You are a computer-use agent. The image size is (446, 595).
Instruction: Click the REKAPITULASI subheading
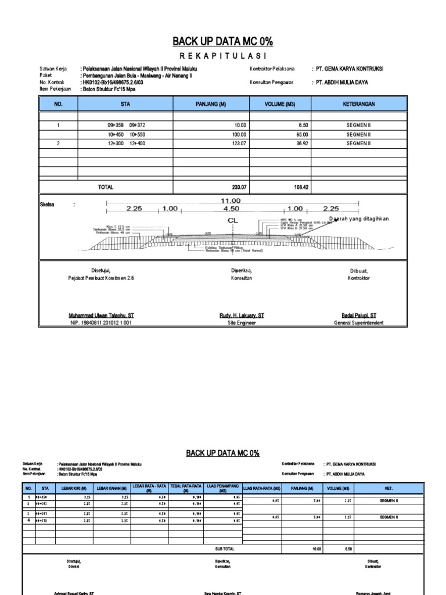(222, 56)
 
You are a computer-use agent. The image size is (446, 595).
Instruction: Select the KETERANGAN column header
(359, 104)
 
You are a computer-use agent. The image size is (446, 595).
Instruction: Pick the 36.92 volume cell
(297, 143)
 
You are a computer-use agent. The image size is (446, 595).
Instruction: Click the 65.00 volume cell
(297, 134)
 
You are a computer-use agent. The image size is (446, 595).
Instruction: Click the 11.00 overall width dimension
(232, 200)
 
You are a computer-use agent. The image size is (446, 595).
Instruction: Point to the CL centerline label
(232, 221)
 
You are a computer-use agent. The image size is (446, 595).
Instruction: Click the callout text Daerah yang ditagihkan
(358, 218)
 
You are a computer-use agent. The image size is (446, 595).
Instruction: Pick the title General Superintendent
(358, 322)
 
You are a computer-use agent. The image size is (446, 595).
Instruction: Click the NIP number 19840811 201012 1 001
(101, 322)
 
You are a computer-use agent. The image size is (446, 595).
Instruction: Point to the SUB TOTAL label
(225, 548)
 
